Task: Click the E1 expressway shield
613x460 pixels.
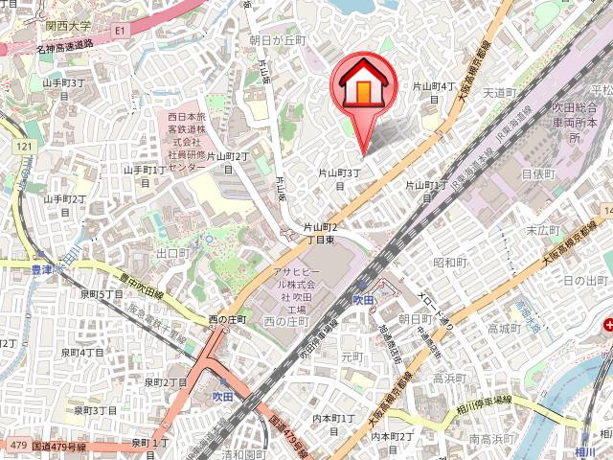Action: (120, 31)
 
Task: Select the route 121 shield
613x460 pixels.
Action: (24, 146)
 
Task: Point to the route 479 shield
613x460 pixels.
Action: (13, 446)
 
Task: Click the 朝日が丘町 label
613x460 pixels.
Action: (277, 40)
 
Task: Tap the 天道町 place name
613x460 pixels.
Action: (499, 93)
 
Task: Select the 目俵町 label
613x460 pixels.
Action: (537, 173)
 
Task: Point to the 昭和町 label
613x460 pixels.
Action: (449, 262)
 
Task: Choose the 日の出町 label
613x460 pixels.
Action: (586, 280)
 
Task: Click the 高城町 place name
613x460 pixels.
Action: (503, 328)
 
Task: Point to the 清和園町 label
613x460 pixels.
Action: (243, 455)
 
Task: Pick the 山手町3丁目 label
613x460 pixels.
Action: (65, 83)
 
